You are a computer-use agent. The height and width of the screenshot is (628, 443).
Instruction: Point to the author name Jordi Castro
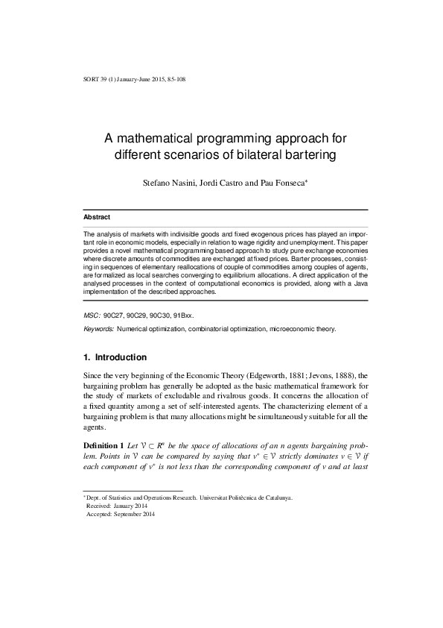tap(223, 183)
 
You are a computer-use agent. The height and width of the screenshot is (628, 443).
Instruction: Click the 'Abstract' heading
tap(97, 217)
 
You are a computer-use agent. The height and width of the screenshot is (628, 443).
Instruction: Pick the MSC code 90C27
tap(115, 316)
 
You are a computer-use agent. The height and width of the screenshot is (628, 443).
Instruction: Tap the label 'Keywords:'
tap(98, 329)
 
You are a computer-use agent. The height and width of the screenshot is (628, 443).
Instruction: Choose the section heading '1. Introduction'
tap(115, 357)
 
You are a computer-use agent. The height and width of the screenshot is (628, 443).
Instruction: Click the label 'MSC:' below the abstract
tap(91, 316)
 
